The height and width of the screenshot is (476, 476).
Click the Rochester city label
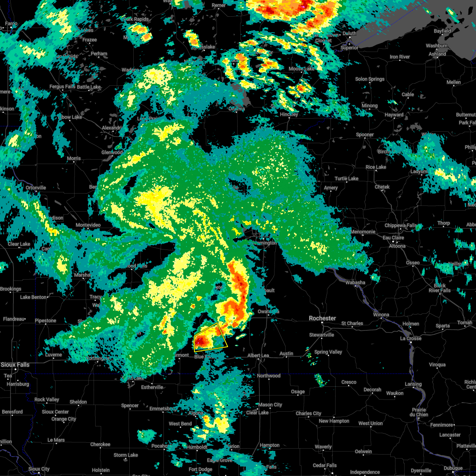(322, 318)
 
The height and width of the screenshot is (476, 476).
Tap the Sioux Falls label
(15, 364)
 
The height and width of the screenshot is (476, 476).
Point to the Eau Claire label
(393, 238)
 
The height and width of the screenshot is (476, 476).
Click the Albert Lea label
(258, 355)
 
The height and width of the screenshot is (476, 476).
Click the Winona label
(381, 315)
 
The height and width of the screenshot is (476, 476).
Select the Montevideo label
(88, 225)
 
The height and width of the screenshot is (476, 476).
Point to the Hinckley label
(289, 114)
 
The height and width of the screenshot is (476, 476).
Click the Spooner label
(365, 134)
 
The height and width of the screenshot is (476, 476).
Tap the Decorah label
(372, 390)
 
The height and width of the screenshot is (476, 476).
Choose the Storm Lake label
(126, 455)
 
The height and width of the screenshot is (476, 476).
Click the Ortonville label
(36, 188)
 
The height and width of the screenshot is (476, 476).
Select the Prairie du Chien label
(419, 412)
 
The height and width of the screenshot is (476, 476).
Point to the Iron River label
(400, 57)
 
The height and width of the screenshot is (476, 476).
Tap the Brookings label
(10, 289)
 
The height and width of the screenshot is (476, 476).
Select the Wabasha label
(355, 282)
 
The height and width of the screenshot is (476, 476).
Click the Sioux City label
(38, 469)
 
